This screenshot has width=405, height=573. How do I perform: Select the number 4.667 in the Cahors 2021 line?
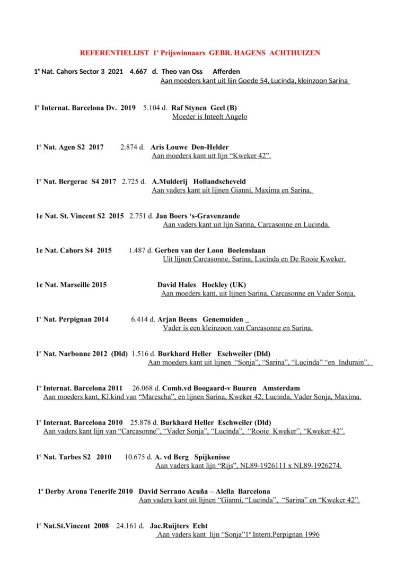(x=138, y=72)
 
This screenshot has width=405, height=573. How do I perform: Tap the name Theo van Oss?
(x=182, y=72)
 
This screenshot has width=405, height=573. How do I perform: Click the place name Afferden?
(x=226, y=72)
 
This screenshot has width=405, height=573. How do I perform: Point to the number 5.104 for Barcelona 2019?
(x=153, y=108)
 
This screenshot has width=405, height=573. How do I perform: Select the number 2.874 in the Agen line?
(x=130, y=147)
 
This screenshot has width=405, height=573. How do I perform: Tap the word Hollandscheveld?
(x=219, y=181)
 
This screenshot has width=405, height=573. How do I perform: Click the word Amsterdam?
(x=281, y=388)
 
